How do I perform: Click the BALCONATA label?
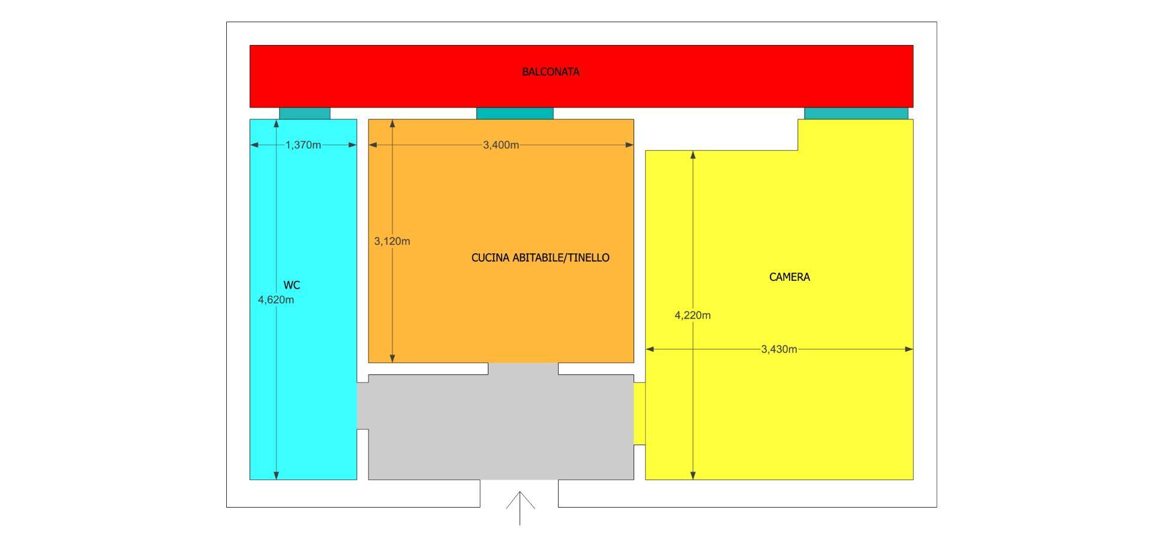pyautogui.click(x=550, y=72)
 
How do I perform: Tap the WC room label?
pyautogui.click(x=292, y=286)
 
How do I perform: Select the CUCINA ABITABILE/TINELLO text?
pyautogui.click(x=540, y=258)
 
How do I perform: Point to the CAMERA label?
pyautogui.click(x=789, y=277)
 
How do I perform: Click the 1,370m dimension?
pyautogui.click(x=303, y=145)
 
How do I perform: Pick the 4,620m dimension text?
pyautogui.click(x=276, y=300)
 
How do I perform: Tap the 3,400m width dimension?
pyautogui.click(x=501, y=145)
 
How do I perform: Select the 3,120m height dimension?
pyautogui.click(x=392, y=241)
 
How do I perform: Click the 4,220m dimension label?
pyautogui.click(x=692, y=316)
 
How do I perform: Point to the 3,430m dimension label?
pyautogui.click(x=779, y=349)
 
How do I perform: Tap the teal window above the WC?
pyautogui.click(x=305, y=113)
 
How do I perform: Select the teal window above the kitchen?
pyautogui.click(x=515, y=113)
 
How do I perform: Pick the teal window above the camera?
pyautogui.click(x=856, y=113)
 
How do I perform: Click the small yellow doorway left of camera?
pyautogui.click(x=640, y=413)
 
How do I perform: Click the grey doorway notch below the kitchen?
pyautogui.click(x=523, y=368)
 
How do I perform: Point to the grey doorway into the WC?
pyautogui.click(x=362, y=406)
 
